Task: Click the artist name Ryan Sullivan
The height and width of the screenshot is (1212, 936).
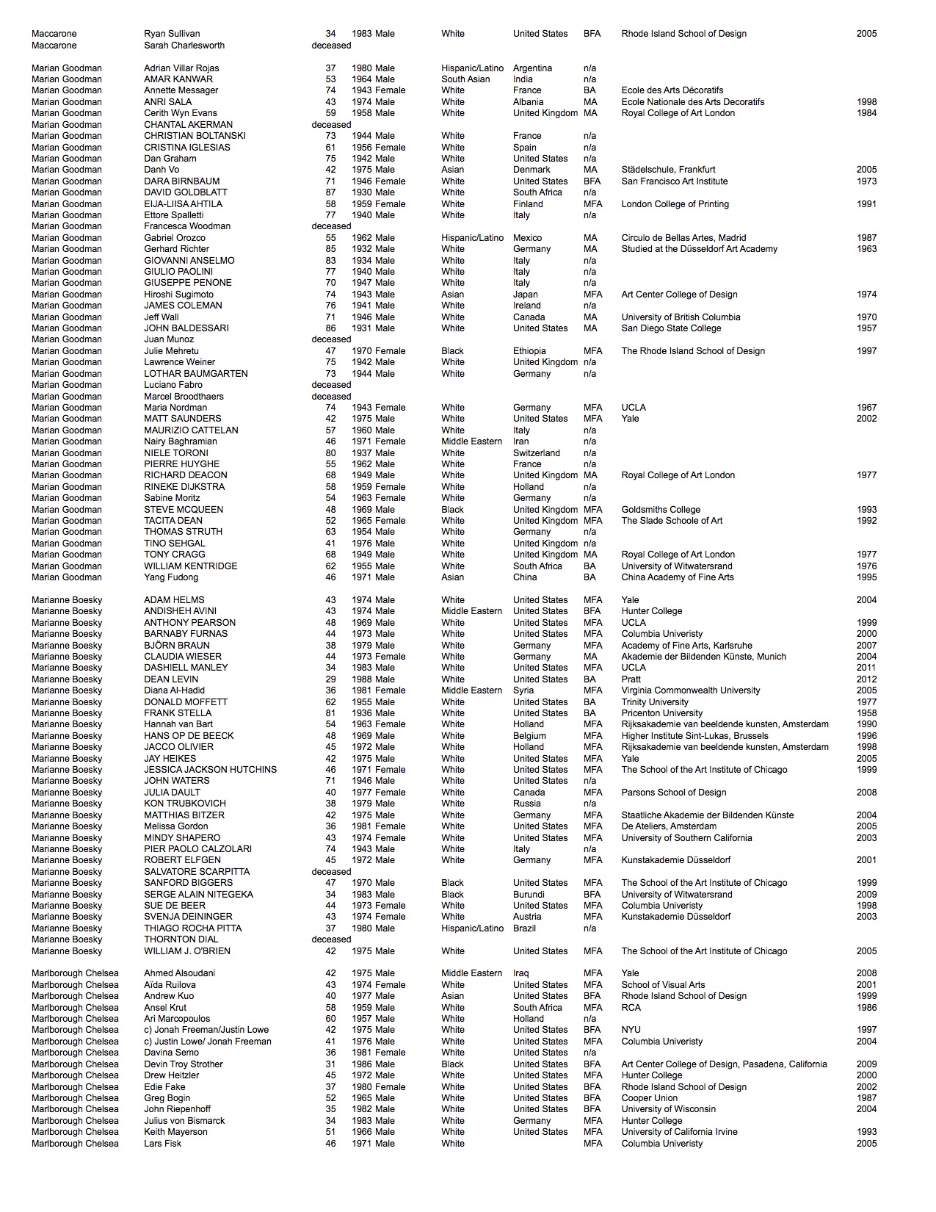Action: pos(172,34)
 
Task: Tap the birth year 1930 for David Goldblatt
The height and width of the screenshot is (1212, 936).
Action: pos(361,192)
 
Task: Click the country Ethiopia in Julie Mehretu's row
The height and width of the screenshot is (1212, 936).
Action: pos(529,351)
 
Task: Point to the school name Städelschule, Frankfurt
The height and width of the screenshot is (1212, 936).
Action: pos(668,170)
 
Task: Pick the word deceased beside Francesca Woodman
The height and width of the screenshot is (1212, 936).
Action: pos(331,226)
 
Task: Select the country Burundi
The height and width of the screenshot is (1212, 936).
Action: pos(529,895)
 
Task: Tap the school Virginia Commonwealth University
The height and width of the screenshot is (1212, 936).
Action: pos(690,690)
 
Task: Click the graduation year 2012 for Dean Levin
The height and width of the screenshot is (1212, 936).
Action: pos(866,679)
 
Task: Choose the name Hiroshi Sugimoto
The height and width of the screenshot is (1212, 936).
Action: pos(178,295)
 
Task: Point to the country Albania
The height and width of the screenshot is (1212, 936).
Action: pos(528,102)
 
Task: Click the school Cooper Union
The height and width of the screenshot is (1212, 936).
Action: pos(649,1098)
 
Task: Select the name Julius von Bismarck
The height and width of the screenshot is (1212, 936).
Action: pos(184,1121)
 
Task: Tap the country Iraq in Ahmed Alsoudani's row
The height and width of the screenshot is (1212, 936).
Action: pos(520,973)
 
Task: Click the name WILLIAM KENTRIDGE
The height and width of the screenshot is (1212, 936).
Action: pos(190,566)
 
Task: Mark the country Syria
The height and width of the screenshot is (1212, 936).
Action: pos(523,690)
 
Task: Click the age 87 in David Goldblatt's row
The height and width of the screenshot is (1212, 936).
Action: pos(330,192)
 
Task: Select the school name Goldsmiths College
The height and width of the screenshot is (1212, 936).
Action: pos(661,510)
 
